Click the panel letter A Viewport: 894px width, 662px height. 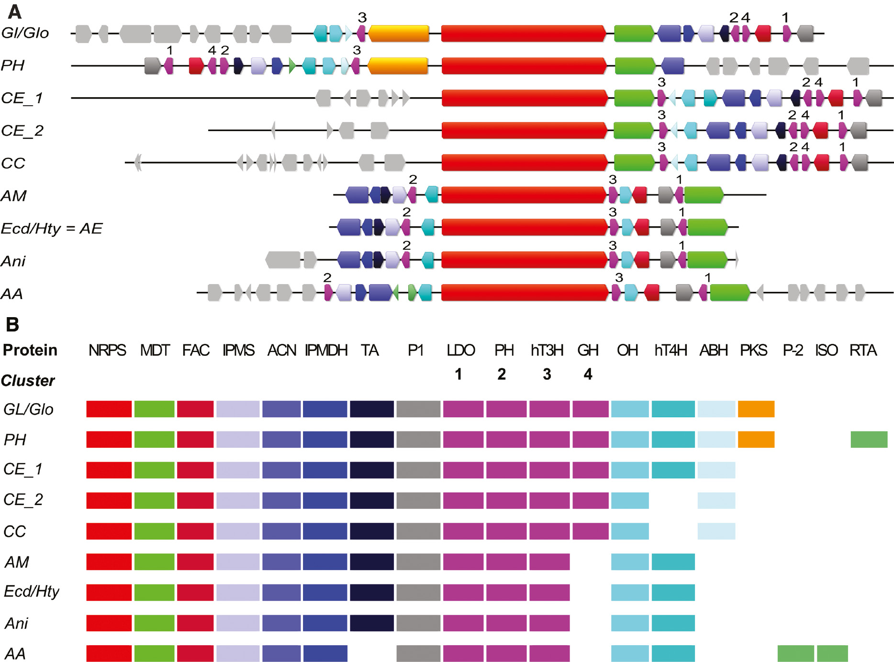pyautogui.click(x=15, y=11)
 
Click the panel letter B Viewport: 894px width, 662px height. pyautogui.click(x=12, y=324)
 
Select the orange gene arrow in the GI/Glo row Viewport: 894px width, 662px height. pyautogui.click(x=398, y=33)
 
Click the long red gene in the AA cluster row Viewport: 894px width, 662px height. pyautogui.click(x=525, y=293)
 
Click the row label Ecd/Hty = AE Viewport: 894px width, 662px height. pyautogui.click(x=51, y=228)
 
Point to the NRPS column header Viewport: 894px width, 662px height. pyautogui.click(x=107, y=350)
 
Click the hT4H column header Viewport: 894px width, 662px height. pyautogui.click(x=670, y=350)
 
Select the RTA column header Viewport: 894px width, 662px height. pyautogui.click(x=863, y=350)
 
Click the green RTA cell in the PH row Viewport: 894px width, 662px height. pyautogui.click(x=869, y=440)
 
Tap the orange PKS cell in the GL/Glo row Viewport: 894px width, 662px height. pyautogui.click(x=756, y=409)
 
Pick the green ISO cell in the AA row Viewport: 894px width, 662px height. pyautogui.click(x=832, y=653)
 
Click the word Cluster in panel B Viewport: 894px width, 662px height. pyautogui.click(x=28, y=380)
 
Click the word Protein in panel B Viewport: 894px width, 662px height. pyautogui.click(x=30, y=350)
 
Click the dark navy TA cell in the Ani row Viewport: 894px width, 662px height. pyautogui.click(x=371, y=623)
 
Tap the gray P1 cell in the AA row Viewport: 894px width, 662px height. pyautogui.click(x=418, y=653)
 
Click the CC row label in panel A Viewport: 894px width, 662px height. pyautogui.click(x=13, y=163)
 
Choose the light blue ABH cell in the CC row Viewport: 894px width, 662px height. pyautogui.click(x=716, y=531)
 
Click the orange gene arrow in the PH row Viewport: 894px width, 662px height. pyautogui.click(x=398, y=66)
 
